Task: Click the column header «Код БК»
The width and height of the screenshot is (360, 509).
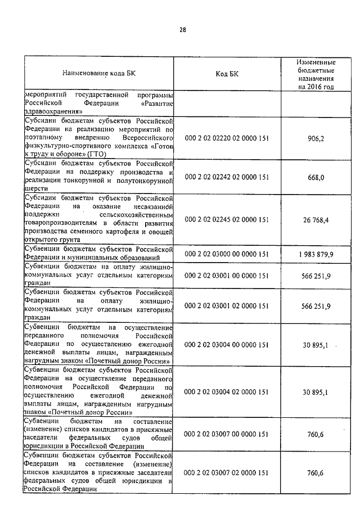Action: point(227,74)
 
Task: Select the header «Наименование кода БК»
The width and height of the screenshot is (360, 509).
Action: point(99,74)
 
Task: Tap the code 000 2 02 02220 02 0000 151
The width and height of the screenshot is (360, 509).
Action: point(227,138)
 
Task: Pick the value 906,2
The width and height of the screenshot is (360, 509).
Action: point(316,138)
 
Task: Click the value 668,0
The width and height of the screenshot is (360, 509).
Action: point(316,177)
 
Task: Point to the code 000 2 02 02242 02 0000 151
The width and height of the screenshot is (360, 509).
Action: point(227,177)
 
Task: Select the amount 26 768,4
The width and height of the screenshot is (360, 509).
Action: point(316,219)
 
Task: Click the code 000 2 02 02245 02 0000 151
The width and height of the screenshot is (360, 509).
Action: point(227,219)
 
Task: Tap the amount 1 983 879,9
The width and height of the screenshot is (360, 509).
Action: point(316,254)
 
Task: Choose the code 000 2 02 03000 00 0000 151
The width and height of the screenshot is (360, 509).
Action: point(227,254)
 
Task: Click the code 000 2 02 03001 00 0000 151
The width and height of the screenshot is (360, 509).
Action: point(227,276)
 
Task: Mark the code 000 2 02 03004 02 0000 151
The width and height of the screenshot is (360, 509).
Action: point(227,392)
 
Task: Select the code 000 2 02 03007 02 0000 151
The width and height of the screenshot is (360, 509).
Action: point(227,473)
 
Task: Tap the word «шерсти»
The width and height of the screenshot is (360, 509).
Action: point(34,189)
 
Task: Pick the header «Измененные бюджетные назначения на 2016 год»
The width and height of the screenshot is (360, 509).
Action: point(316,74)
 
